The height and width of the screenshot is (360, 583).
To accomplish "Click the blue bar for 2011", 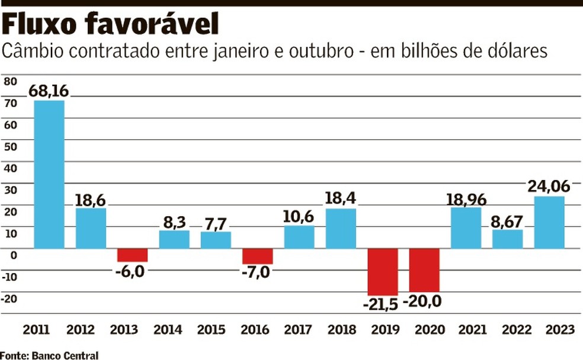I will pyautogui.click(x=49, y=174).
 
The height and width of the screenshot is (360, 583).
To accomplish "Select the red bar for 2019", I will pyautogui.click(x=382, y=271).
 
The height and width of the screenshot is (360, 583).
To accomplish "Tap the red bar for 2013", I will pyautogui.click(x=132, y=255).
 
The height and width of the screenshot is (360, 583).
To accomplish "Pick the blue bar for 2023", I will pyautogui.click(x=549, y=222).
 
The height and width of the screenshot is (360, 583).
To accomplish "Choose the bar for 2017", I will pyautogui.click(x=299, y=237).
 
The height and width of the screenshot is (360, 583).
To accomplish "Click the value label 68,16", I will pyautogui.click(x=49, y=91).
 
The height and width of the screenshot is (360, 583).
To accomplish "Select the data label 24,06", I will pyautogui.click(x=549, y=187).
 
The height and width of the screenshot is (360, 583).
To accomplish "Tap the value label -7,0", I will pyautogui.click(x=256, y=273).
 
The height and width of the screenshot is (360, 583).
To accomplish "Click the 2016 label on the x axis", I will pyautogui.click(x=257, y=330).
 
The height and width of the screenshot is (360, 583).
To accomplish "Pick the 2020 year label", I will pyautogui.click(x=424, y=330).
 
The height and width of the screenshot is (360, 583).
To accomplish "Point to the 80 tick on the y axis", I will pyautogui.click(x=10, y=82).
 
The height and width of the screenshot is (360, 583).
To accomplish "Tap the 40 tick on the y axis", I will pyautogui.click(x=10, y=168).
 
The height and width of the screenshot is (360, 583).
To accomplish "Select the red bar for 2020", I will pyautogui.click(x=424, y=270).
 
